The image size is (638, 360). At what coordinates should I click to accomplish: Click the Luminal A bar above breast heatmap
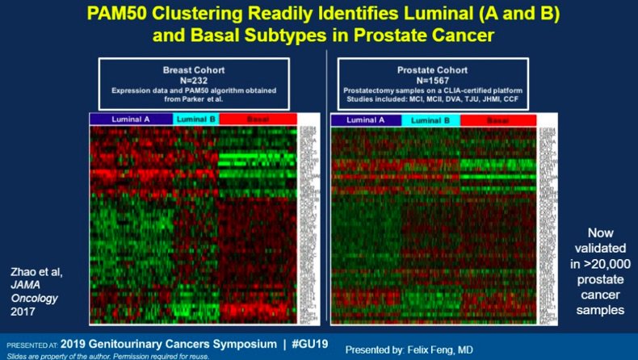(x=130, y=119)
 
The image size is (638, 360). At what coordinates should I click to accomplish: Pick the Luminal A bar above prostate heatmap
(x=366, y=120)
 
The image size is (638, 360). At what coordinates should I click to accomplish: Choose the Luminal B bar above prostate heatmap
(x=430, y=120)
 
